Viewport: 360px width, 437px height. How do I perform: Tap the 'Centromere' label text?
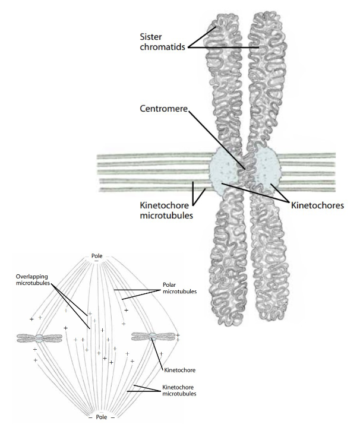(x=164, y=109)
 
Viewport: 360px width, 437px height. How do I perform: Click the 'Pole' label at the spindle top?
(x=97, y=256)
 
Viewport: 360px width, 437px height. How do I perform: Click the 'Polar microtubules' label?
(x=179, y=288)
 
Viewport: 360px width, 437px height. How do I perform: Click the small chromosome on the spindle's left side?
(x=39, y=338)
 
